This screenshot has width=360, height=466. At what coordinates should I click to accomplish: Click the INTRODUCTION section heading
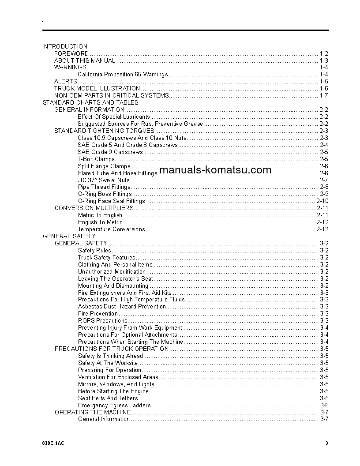[x=65, y=46]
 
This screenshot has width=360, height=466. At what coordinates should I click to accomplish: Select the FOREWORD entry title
[x=71, y=53]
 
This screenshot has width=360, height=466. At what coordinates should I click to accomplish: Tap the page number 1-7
[x=324, y=95]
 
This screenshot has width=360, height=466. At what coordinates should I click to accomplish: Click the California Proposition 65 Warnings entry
[x=123, y=75]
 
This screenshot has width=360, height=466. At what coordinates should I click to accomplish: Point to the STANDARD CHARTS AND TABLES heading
[x=90, y=102]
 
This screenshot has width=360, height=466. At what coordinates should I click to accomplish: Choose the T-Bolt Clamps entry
[x=96, y=159]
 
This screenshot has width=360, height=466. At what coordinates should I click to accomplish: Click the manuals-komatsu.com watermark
[x=215, y=170]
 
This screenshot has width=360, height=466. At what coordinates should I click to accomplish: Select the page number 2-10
[x=322, y=201]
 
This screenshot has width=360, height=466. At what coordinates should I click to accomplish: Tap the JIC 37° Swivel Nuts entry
[x=104, y=180]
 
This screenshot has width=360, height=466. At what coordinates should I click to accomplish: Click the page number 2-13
[x=322, y=229]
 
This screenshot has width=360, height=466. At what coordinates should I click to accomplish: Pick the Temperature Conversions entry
[x=111, y=229]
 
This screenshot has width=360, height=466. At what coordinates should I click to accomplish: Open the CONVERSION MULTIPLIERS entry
[x=94, y=208]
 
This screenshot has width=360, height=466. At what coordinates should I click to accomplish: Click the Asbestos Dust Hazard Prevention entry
[x=122, y=307]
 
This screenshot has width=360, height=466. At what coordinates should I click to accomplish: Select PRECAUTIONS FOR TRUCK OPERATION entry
[x=112, y=349]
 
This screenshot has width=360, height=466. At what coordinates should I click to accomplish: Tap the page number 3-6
[x=324, y=405]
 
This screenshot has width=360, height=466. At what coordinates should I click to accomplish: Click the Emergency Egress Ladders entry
[x=114, y=405]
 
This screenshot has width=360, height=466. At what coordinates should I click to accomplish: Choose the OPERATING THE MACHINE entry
[x=93, y=412]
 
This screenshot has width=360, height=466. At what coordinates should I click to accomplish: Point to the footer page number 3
[x=326, y=443]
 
